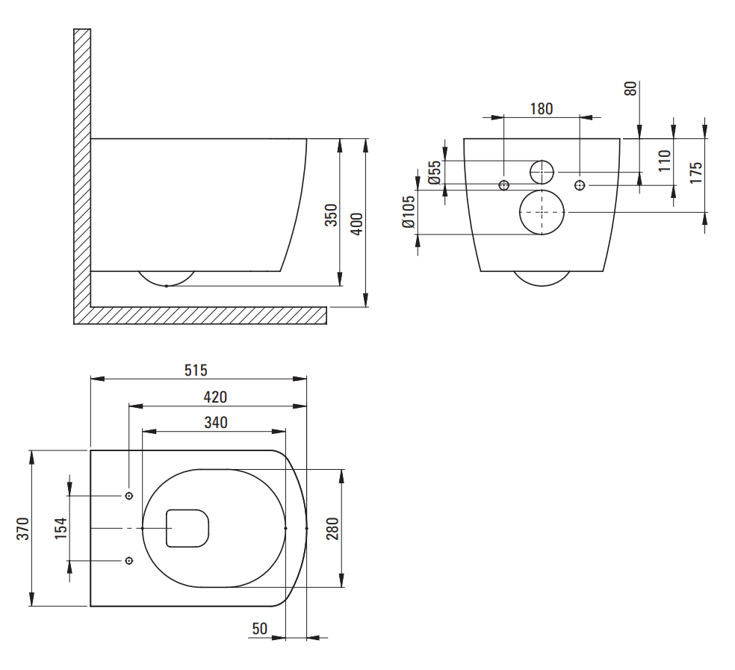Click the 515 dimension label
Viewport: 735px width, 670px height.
[x=196, y=370]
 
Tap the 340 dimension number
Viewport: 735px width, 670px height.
[x=215, y=423]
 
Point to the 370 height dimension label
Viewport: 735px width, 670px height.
[x=22, y=528]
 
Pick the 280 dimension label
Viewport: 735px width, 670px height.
[x=332, y=528]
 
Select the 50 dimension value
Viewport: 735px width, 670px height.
[x=259, y=629]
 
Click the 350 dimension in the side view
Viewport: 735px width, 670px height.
[x=332, y=215]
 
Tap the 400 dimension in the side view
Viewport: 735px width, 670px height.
[x=357, y=223]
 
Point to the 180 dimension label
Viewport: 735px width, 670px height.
[x=542, y=109]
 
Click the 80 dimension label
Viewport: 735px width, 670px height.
[x=631, y=88]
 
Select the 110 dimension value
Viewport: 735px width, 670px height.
[x=665, y=161]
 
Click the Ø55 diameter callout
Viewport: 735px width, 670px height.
[x=434, y=173]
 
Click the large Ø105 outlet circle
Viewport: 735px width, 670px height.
[x=542, y=212]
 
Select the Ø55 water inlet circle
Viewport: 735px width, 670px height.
[x=542, y=172]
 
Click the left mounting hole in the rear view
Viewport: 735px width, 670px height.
[x=504, y=184]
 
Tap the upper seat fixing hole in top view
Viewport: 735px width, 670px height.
[x=129, y=496]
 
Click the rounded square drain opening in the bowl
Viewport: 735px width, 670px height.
[x=186, y=528]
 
